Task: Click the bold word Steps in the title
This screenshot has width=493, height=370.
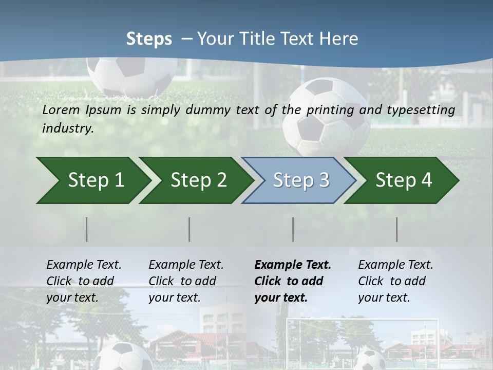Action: pyautogui.click(x=149, y=39)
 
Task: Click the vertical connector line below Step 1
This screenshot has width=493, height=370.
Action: pyautogui.click(x=87, y=229)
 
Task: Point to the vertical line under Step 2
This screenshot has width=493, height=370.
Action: pyautogui.click(x=189, y=229)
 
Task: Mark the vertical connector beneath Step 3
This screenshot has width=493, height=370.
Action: pyautogui.click(x=293, y=229)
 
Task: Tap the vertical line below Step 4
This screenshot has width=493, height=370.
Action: pyautogui.click(x=397, y=229)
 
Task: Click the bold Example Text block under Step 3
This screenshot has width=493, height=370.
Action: pyautogui.click(x=293, y=281)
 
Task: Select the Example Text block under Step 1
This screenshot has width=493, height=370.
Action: pyautogui.click(x=84, y=281)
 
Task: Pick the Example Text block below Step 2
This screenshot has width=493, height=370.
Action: pyautogui.click(x=186, y=281)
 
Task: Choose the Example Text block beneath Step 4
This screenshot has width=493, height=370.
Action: pyautogui.click(x=395, y=281)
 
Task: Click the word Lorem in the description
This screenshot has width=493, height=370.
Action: pyautogui.click(x=61, y=109)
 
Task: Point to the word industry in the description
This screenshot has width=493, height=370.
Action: pyautogui.click(x=68, y=128)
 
